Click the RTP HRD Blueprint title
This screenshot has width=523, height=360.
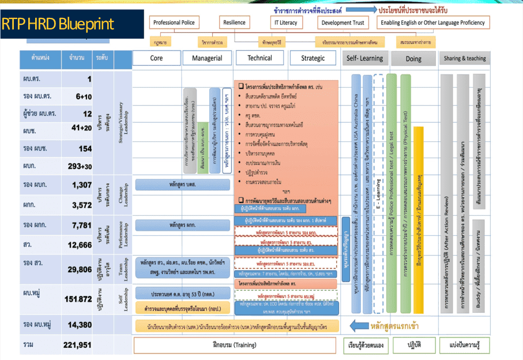point(58,24)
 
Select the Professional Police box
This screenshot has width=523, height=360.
point(173,22)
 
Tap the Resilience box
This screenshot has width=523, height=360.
point(234,22)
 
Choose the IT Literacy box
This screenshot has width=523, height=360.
point(284,22)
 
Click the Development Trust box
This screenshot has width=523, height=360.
point(343,22)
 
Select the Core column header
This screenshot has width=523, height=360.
point(156,58)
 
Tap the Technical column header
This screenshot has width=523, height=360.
point(259,58)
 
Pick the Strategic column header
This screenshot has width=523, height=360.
point(313,58)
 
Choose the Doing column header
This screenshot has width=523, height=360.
point(413,59)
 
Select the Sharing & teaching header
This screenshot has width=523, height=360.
point(465,58)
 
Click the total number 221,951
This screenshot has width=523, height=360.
point(77,345)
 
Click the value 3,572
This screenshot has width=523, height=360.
point(81,204)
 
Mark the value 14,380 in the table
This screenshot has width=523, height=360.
point(80,325)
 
